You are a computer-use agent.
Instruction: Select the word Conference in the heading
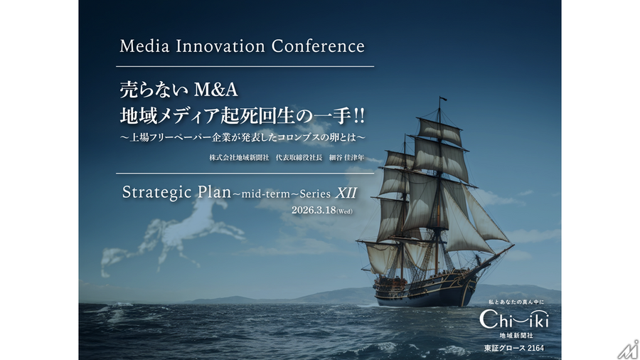[x=318, y=47]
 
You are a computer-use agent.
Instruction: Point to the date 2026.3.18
[x=313, y=211]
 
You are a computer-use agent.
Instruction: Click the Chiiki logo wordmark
[x=513, y=319]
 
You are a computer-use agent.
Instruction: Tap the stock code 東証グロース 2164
[x=514, y=348]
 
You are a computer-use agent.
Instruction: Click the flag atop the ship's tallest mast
[x=442, y=99]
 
